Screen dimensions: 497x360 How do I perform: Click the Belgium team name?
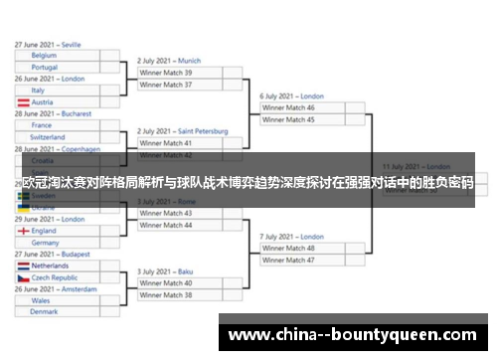click(x=44, y=56)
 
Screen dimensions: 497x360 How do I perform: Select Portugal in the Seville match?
click(x=45, y=67)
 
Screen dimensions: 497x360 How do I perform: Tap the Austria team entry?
click(x=42, y=101)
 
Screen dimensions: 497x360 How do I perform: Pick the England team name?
click(x=44, y=231)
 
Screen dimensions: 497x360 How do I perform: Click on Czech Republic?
click(x=55, y=277)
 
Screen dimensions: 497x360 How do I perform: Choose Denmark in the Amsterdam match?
click(x=44, y=311)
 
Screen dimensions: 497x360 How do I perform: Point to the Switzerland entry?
click(x=48, y=136)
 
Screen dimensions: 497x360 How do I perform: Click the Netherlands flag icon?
click(x=22, y=267)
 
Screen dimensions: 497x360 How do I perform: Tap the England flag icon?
click(x=22, y=231)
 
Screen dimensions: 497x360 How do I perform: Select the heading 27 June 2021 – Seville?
click(x=48, y=45)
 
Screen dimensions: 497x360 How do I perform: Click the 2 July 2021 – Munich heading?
click(x=169, y=61)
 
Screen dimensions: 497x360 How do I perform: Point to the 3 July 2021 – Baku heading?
click(x=165, y=270)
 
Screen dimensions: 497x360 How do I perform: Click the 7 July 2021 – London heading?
click(x=292, y=236)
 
